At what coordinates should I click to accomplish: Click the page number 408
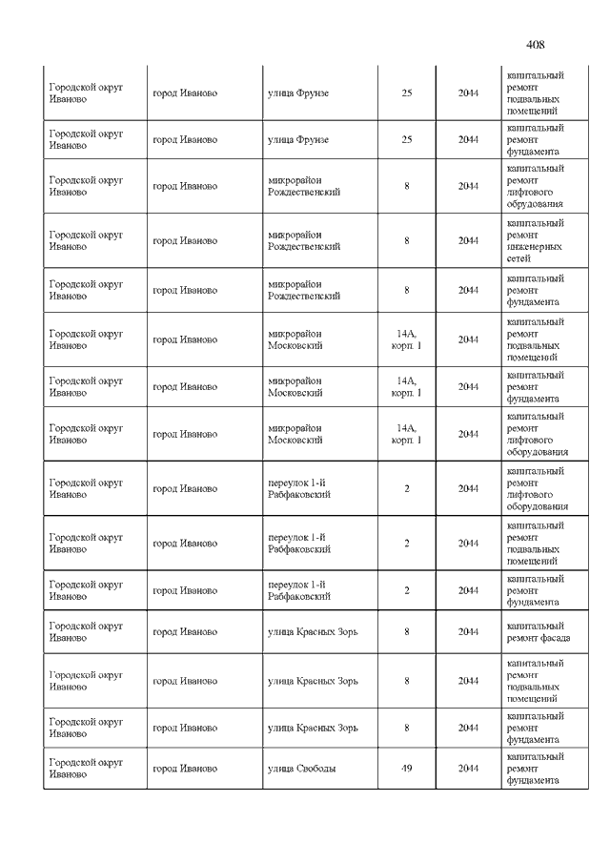coord(535,44)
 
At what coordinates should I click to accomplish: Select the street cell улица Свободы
coord(301,768)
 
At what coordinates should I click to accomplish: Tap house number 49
coord(407,768)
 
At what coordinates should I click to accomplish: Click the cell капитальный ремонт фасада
coord(535,631)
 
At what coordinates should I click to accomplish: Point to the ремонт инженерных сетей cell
coord(535,240)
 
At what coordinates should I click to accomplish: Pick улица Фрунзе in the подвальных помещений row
coord(298,92)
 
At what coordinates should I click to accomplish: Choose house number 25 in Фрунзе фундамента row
coord(407,139)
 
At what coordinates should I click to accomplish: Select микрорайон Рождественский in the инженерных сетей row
coord(305,240)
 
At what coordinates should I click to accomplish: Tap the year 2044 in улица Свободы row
coord(468,768)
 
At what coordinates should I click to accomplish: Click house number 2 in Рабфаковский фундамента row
coord(407,590)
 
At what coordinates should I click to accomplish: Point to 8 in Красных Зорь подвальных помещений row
coord(407,681)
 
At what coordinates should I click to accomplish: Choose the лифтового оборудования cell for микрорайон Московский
coord(537,434)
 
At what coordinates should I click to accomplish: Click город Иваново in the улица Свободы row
coord(185,768)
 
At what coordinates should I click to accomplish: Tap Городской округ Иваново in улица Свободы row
coord(86,768)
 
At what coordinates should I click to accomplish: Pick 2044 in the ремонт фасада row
coord(468,631)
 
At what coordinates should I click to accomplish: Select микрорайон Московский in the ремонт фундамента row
coord(295,386)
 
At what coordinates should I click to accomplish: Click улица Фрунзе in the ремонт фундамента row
coord(298,139)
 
